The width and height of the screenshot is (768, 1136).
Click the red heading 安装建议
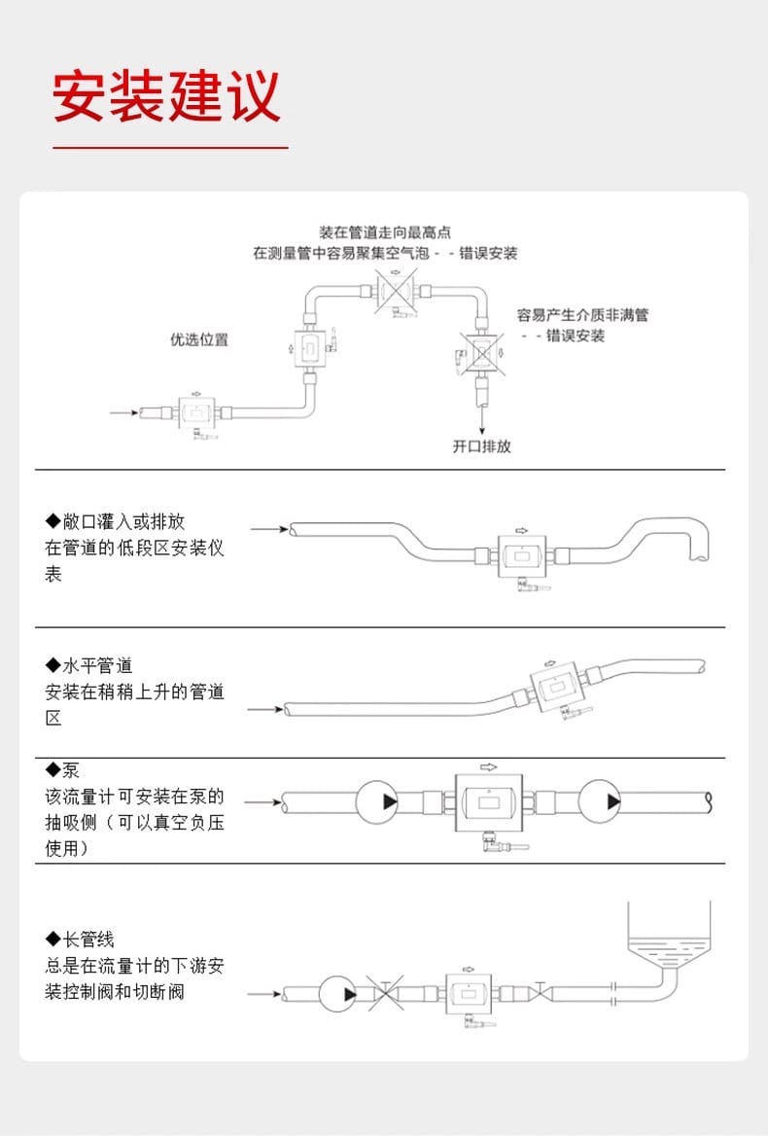pos(166,95)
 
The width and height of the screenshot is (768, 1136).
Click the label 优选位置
pos(199,339)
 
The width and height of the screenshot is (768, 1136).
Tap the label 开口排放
pos(481,446)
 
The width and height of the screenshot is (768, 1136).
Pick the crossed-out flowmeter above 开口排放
pos(479,354)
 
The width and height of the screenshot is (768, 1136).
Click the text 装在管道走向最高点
pos(385,232)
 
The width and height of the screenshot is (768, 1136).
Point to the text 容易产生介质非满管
pos(582,315)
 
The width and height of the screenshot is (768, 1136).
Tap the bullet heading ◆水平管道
pos(89,666)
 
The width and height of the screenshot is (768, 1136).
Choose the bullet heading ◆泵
pos(62,771)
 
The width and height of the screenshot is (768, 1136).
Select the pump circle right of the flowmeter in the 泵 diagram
pos(600,802)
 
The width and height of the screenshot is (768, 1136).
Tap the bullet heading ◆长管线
pos(81,940)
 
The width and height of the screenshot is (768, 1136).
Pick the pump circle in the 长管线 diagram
pos(338,994)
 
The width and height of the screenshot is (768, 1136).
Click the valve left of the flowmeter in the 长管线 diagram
pos(387,994)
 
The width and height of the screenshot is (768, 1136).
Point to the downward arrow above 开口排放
pos(481,419)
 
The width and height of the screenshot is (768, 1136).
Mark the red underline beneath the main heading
pos(170,148)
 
